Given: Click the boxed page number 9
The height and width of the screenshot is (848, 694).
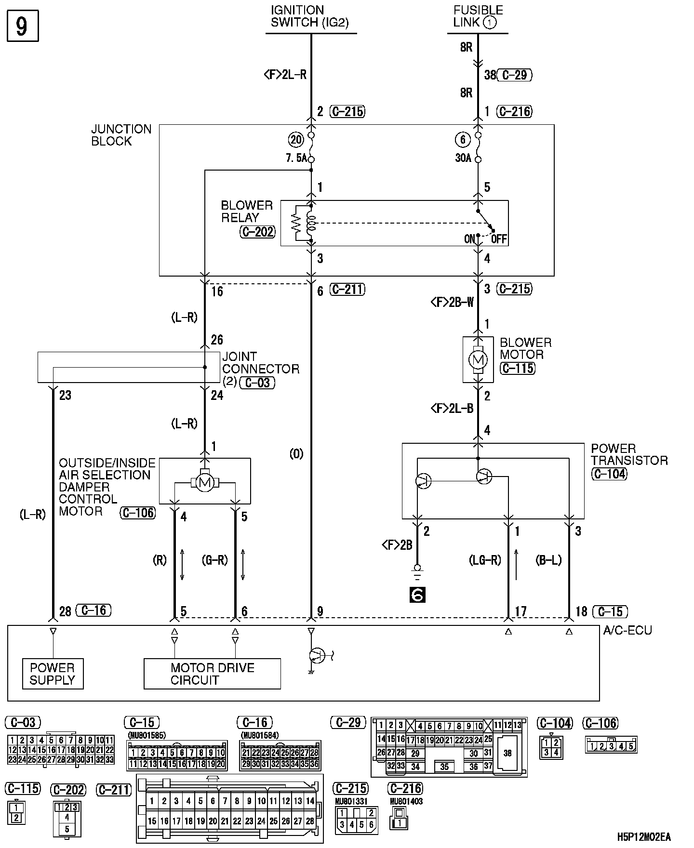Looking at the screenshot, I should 22,26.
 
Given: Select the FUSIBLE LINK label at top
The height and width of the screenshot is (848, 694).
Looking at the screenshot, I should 478,16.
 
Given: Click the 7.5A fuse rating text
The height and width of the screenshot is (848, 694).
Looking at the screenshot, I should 295,158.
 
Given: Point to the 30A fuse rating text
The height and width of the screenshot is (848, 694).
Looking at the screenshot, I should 463,158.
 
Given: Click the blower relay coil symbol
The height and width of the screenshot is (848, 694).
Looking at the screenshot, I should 311,223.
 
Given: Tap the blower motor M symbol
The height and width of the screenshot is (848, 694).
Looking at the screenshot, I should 478,359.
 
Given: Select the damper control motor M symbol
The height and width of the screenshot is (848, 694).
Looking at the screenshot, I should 205,483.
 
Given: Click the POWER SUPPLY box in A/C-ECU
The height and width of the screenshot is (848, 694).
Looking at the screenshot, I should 53,674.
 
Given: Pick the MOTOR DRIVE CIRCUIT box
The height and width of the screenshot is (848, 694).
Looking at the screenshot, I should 212,674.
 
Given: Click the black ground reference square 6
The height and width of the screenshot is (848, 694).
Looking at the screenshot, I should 417,595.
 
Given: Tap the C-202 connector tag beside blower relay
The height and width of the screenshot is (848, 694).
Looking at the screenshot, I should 257,232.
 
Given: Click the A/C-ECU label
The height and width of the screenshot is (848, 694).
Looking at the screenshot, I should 627,630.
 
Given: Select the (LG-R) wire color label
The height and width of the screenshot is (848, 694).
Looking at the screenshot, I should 485,560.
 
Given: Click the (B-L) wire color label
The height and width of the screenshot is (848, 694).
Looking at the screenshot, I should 548,560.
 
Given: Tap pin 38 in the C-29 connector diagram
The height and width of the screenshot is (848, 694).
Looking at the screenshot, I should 507,753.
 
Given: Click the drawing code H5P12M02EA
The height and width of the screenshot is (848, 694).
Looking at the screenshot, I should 644,836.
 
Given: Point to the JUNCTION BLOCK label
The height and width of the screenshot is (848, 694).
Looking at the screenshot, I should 121,135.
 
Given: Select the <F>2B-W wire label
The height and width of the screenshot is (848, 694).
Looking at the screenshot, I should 452,303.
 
